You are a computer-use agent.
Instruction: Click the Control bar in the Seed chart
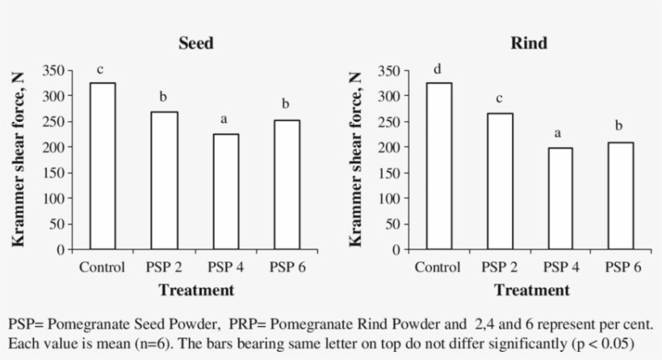pos(102,165)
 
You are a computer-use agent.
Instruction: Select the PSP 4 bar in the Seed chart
pos(224,191)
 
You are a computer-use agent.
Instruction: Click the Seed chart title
pos(196,44)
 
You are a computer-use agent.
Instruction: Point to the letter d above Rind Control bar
pos(438,69)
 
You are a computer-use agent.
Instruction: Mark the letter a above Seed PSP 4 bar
pos(224,120)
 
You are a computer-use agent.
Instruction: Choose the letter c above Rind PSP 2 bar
pos(499,99)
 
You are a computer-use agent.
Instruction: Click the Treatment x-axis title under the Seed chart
pos(196,290)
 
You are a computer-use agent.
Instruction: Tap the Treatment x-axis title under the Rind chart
pos(531,290)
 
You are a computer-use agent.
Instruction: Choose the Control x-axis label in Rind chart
pos(438,267)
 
